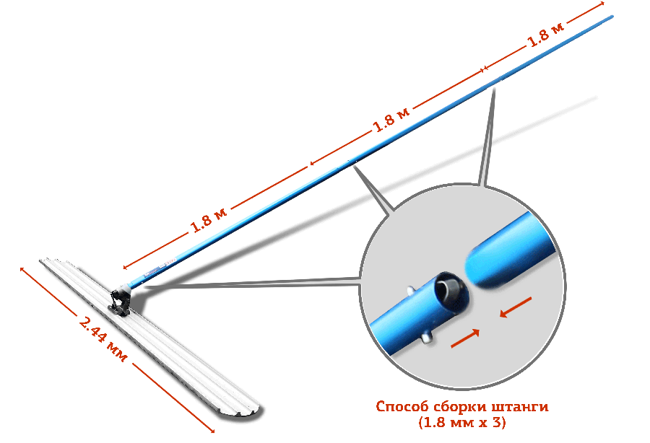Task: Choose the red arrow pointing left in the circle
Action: coord(517,306)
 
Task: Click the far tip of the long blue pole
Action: coord(612,15)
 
